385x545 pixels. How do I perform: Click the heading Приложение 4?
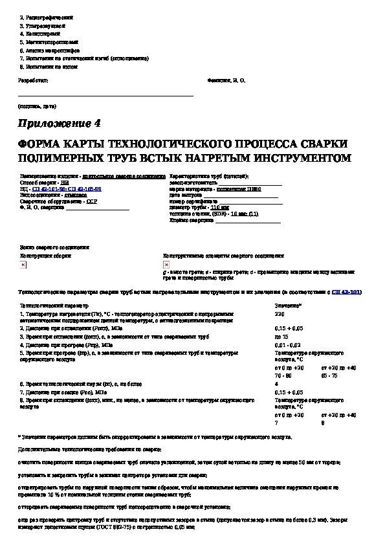pyautogui.click(x=60, y=123)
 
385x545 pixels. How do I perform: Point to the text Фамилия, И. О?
pyautogui.click(x=226, y=80)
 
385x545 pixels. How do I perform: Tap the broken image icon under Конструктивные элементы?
pyautogui.click(x=166, y=265)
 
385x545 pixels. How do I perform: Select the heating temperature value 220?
pyautogui.click(x=280, y=313)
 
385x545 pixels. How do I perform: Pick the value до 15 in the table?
pyautogui.click(x=281, y=337)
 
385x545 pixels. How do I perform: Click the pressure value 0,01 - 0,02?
pyautogui.click(x=287, y=345)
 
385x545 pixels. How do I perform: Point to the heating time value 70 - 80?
pyautogui.click(x=283, y=375)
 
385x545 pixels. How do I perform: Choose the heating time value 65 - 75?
pyautogui.click(x=330, y=375)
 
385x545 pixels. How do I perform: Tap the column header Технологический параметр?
pyautogui.click(x=54, y=304)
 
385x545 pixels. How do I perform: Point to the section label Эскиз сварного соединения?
pyautogui.click(x=54, y=247)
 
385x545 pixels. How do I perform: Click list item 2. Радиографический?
pyautogui.click(x=46, y=17)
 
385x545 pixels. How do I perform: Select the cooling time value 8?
pyautogui.click(x=323, y=423)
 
